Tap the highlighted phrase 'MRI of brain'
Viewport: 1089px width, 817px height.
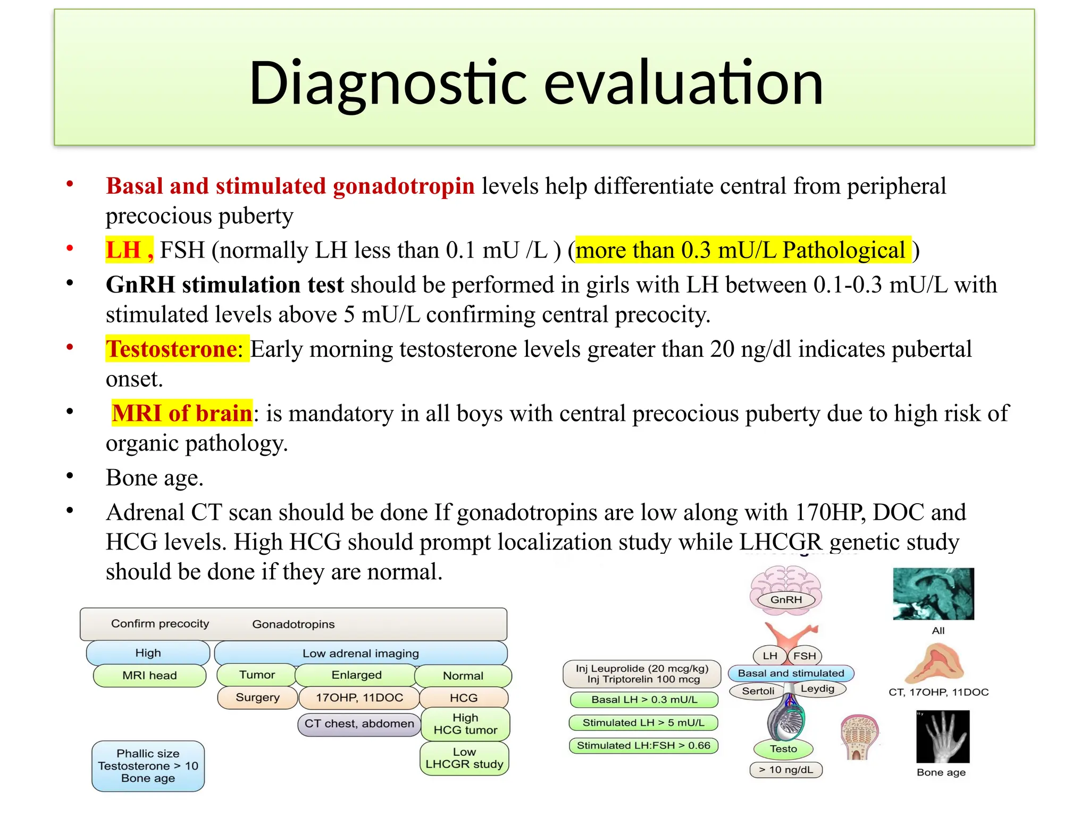[x=182, y=413]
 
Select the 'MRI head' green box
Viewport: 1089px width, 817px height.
[x=149, y=676]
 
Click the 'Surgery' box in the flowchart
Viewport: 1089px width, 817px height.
[x=257, y=697]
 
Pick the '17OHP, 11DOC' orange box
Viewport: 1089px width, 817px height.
[x=359, y=697]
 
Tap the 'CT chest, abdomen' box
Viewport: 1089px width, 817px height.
[x=359, y=724]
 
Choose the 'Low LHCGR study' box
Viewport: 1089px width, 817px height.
[x=464, y=758]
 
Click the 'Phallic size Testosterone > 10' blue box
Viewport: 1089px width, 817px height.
[x=148, y=766]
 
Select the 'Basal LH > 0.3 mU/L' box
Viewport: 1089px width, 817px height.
[x=644, y=699]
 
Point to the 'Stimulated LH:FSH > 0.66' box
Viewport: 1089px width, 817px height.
[x=643, y=745]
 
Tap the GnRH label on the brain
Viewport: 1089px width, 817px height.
[x=786, y=599]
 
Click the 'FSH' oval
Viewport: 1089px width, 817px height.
[x=804, y=656]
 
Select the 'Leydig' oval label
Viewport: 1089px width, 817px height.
[x=817, y=689]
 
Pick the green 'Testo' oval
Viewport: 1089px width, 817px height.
[x=783, y=748]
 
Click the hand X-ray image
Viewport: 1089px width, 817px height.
[x=943, y=736]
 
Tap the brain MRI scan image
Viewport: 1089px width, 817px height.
[x=933, y=594]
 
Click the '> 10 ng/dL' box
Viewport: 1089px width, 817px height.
[x=785, y=770]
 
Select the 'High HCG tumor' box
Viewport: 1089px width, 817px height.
[x=465, y=724]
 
